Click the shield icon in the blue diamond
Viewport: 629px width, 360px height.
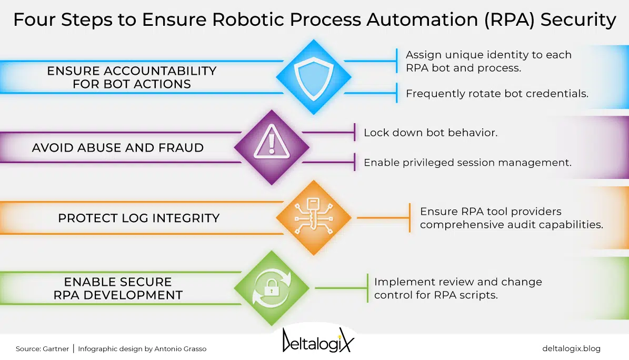(314, 78)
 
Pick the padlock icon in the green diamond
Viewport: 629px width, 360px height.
(272, 287)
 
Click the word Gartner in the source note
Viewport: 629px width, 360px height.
(56, 349)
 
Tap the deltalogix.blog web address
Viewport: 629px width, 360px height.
(571, 348)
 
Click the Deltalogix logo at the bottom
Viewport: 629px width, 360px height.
(318, 341)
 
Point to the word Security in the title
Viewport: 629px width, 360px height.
(578, 19)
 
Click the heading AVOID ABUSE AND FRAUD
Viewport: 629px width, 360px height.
(118, 148)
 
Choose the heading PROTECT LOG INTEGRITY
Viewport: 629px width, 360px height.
(139, 218)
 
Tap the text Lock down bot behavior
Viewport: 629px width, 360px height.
(431, 133)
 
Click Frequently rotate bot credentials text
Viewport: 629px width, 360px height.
(497, 94)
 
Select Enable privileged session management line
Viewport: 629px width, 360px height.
(467, 163)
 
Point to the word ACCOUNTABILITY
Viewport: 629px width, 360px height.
(160, 71)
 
